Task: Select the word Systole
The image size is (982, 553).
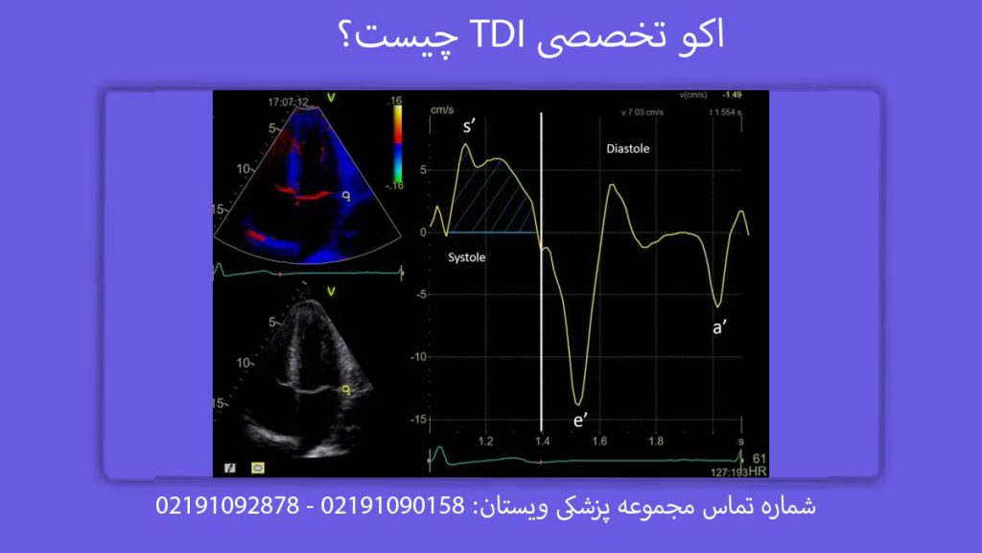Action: click(x=467, y=258)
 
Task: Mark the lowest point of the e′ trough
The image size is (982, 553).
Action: click(x=578, y=403)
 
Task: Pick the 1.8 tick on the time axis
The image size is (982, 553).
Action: click(x=656, y=442)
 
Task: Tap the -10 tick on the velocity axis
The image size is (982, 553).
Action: click(x=417, y=356)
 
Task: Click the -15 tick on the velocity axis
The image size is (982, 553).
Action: click(x=417, y=420)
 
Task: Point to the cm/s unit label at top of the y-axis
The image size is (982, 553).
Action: click(x=442, y=109)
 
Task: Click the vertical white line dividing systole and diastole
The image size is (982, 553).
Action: click(x=542, y=288)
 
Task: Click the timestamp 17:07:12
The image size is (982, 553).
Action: click(x=289, y=100)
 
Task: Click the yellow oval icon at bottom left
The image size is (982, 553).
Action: click(x=258, y=467)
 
